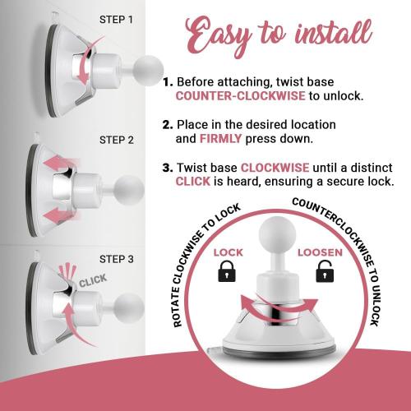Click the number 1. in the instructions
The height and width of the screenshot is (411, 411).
tap(168, 82)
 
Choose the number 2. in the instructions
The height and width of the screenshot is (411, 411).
tap(168, 124)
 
